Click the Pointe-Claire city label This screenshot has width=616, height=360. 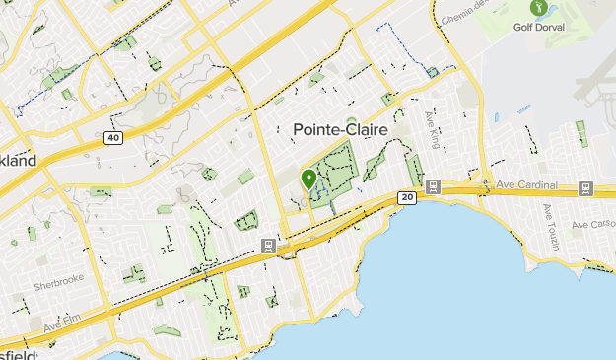click(341, 130)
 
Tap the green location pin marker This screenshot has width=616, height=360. click(308, 180)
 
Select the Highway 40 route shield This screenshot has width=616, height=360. click(114, 138)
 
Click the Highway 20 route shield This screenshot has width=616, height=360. click(407, 198)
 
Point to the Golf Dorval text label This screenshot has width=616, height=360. click(538, 27)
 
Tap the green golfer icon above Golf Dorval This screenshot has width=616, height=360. click(538, 8)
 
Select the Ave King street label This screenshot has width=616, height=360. click(430, 127)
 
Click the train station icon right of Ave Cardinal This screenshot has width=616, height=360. click(585, 187)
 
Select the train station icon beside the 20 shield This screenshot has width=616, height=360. click(432, 184)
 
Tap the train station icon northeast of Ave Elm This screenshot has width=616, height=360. click(267, 244)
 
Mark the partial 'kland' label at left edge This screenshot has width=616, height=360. click(18, 160)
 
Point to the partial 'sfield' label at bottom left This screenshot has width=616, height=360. click(19, 353)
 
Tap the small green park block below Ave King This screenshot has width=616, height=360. click(416, 169)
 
